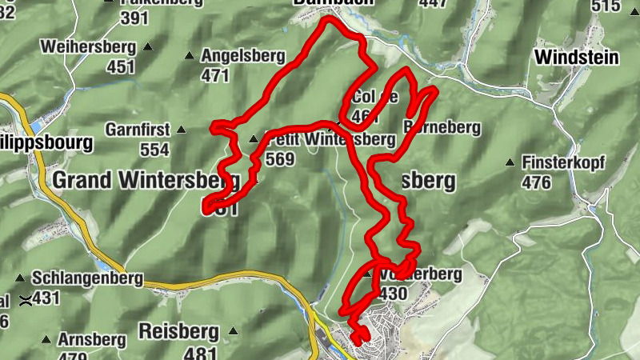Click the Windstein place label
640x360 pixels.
[577, 57]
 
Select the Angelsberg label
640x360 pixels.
[243, 56]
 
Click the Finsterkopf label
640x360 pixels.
[563, 162]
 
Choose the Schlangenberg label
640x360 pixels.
[88, 278]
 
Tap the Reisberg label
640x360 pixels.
[179, 330]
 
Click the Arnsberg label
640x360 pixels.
[92, 340]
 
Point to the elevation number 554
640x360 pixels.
[154, 150]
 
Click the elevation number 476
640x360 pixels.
[536, 182]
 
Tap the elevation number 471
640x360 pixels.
[215, 76]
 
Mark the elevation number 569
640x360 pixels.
[281, 159]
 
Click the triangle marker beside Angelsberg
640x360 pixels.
[190, 56]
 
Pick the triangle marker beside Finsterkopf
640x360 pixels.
[510, 163]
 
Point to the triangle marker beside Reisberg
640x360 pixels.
[233, 330]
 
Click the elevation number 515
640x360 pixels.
[628, 6]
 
